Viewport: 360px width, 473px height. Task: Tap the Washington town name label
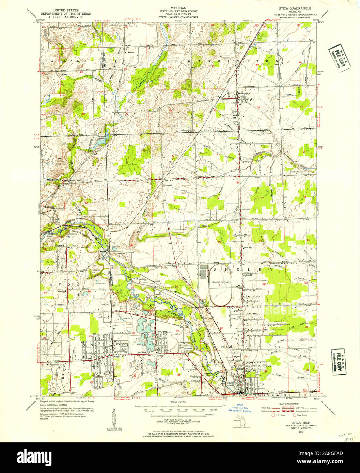pos(244,93)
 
